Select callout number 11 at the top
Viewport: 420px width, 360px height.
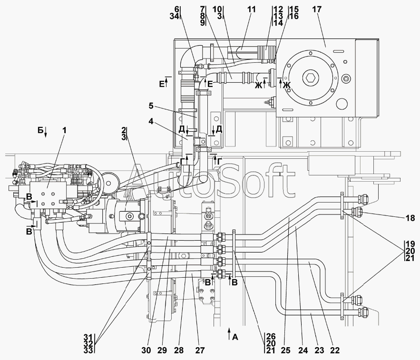[251, 10]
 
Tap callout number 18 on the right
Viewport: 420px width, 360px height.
[410, 218]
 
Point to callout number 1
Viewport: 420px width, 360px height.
[64, 130]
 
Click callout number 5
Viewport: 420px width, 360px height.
[151, 106]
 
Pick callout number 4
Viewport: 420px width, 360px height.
[151, 121]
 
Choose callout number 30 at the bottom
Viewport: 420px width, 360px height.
[146, 350]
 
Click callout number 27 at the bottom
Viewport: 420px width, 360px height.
[200, 350]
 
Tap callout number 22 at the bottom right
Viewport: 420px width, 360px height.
[334, 350]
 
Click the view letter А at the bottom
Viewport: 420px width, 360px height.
[235, 337]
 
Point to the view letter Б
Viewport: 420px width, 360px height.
[40, 130]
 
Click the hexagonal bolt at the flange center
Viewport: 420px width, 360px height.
[311, 78]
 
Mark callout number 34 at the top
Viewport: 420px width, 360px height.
[175, 16]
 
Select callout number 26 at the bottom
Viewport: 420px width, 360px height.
[271, 337]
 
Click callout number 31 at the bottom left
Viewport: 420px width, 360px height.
[88, 337]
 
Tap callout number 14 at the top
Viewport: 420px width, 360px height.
[278, 23]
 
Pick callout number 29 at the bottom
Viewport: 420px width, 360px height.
[163, 350]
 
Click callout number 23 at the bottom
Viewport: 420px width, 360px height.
[320, 350]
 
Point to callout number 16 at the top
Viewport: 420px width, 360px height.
[294, 16]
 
